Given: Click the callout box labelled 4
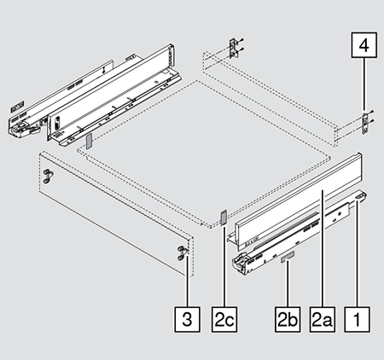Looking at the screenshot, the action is coord(364,45).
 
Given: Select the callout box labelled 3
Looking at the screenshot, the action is coord(187,319).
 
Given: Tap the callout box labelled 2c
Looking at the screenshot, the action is coord(224,319).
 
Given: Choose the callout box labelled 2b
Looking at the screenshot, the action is coord(288,319).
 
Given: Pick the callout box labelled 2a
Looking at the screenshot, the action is coord(323,319).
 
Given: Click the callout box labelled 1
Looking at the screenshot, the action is coord(358,319).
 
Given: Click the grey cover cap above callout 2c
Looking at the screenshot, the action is coord(224,218).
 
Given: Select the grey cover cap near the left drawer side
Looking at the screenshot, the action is coord(89,141).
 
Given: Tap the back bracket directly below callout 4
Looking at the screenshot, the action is coord(365,123).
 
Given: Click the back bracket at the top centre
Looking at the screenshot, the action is coord(233,49).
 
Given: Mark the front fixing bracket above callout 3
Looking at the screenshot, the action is coord(183,253).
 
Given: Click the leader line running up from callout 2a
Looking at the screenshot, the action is coord(323,247).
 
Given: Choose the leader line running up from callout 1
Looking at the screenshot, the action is coord(358,253).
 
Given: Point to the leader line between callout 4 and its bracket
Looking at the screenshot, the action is coord(364,85).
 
